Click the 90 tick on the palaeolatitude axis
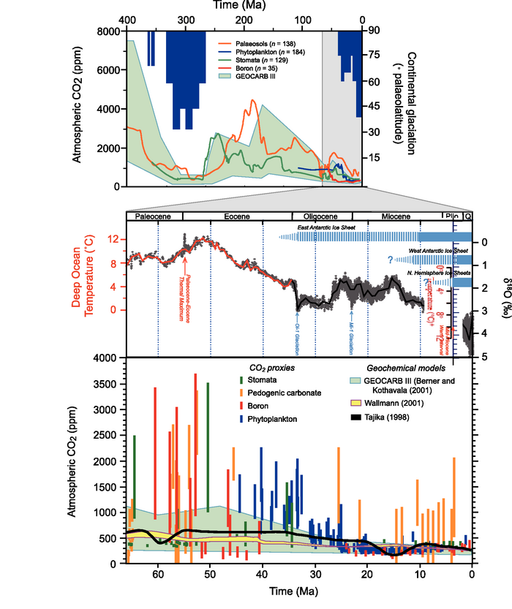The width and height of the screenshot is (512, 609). click(373, 31)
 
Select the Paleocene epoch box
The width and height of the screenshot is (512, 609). click(154, 217)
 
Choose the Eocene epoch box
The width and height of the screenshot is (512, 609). click(237, 217)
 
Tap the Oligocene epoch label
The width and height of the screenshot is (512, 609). click(322, 217)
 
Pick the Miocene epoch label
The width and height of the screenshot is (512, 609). click(396, 217)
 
